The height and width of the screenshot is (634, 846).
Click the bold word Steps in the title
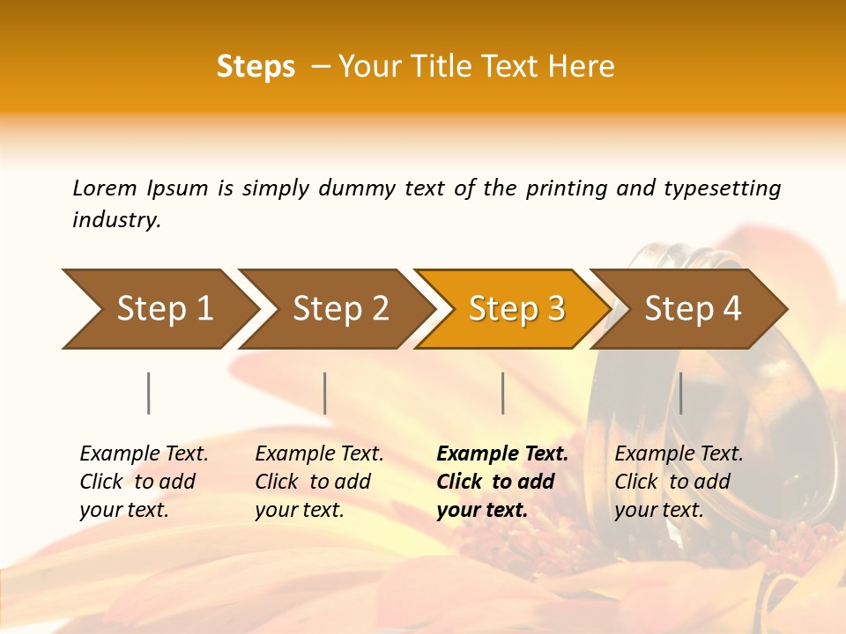[256, 67]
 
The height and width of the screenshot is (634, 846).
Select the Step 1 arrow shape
[159, 309]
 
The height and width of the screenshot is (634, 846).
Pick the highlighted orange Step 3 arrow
[516, 309]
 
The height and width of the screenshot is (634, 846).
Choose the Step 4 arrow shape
[693, 309]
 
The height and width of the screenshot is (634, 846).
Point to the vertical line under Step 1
[149, 393]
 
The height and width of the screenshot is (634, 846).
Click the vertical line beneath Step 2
[325, 393]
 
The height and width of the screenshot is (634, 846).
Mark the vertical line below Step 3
[502, 393]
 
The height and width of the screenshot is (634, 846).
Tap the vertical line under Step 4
[680, 393]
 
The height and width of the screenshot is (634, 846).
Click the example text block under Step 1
[144, 482]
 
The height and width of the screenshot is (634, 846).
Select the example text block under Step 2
[319, 482]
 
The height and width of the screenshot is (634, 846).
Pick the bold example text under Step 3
[502, 482]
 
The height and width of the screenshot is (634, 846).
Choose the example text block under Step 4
[679, 482]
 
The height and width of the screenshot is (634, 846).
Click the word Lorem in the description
[105, 188]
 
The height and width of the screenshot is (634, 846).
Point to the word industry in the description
[116, 220]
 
